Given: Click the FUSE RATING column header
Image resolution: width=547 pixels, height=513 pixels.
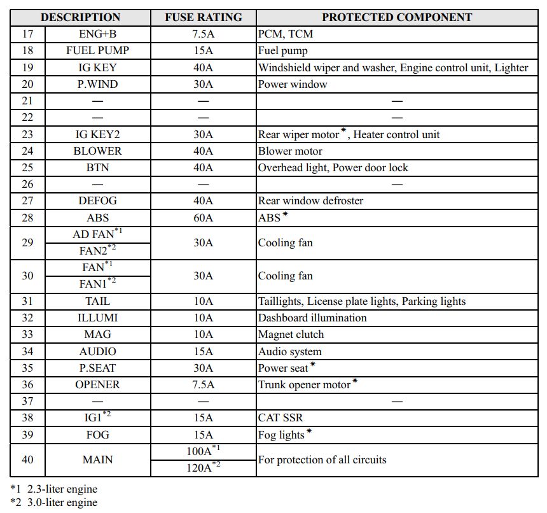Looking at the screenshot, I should click(x=204, y=17).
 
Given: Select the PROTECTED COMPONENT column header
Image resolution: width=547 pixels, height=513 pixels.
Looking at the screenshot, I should click(x=397, y=17).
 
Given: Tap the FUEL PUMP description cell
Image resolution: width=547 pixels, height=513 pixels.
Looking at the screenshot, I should click(x=97, y=50).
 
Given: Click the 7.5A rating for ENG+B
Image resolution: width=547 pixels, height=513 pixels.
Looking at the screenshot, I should click(x=204, y=34).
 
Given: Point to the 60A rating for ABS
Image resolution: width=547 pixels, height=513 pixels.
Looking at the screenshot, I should click(x=204, y=217).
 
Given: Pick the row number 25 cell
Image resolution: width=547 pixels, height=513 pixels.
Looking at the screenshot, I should click(x=27, y=167).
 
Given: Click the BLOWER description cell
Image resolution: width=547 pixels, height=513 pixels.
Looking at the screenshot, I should click(x=97, y=151).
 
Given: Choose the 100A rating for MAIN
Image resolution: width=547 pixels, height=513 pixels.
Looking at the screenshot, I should click(x=204, y=451).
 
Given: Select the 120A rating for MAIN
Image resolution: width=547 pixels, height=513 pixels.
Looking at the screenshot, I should click(x=204, y=468).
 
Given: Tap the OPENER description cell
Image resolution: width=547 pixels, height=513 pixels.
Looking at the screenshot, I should click(x=97, y=384).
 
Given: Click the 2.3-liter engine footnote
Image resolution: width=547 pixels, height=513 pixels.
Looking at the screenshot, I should click(x=54, y=489).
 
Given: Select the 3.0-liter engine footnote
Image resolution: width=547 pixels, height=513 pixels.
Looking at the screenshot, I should click(x=54, y=502).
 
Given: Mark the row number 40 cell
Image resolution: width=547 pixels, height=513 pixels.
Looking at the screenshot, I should click(x=27, y=460).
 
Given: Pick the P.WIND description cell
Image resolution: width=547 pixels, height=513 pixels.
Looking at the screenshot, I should click(x=97, y=84).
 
